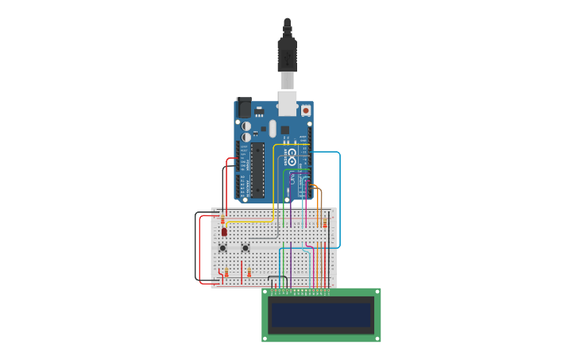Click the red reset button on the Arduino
(x=306, y=110)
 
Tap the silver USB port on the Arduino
(x=287, y=103)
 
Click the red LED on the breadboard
(x=224, y=232)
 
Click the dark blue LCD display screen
(x=321, y=315)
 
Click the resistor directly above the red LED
(x=223, y=221)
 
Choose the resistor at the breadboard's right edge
(x=325, y=224)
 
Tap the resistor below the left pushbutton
(x=226, y=273)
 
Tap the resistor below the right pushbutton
(x=249, y=273)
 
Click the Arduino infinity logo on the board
(x=292, y=153)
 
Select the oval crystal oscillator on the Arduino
(x=273, y=128)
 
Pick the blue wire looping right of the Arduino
(x=339, y=199)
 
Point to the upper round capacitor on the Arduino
(x=246, y=126)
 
